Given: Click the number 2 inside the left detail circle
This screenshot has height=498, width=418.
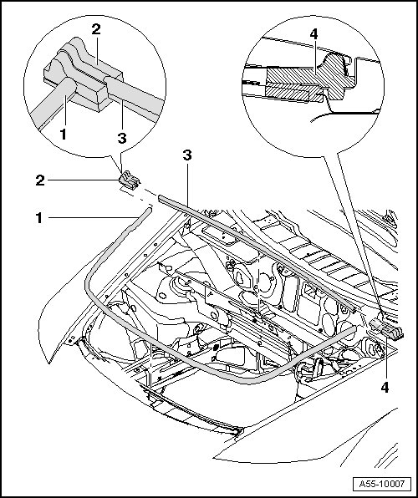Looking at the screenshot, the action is (x=96, y=29).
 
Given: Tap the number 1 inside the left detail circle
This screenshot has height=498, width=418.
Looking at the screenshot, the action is (x=64, y=135).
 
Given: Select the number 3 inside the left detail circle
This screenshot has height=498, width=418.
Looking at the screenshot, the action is (x=122, y=138).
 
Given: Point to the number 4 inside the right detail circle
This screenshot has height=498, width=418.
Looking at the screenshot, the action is (x=313, y=34).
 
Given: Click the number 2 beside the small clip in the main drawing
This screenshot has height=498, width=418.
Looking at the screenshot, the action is (x=40, y=180).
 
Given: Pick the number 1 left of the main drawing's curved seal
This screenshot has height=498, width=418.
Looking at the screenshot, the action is (x=38, y=218).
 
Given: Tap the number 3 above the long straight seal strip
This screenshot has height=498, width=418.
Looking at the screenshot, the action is (x=187, y=155).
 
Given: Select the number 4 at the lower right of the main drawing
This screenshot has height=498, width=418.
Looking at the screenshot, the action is (x=385, y=388).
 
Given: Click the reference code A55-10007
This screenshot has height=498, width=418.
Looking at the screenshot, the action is (x=382, y=484).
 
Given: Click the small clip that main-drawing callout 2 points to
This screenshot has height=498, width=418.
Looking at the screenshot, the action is (x=129, y=180).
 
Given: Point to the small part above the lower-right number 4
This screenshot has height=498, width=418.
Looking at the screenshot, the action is (x=387, y=329).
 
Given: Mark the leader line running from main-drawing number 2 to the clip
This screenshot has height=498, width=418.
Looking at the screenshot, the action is (x=83, y=180).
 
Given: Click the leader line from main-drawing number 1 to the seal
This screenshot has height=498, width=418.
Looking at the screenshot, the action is (x=93, y=217).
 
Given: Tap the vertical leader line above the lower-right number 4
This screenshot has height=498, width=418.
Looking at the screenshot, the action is (x=385, y=358).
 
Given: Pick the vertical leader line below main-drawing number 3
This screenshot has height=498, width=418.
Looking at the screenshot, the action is (x=187, y=184).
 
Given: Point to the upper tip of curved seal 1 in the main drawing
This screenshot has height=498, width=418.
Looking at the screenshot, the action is (x=150, y=209).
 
